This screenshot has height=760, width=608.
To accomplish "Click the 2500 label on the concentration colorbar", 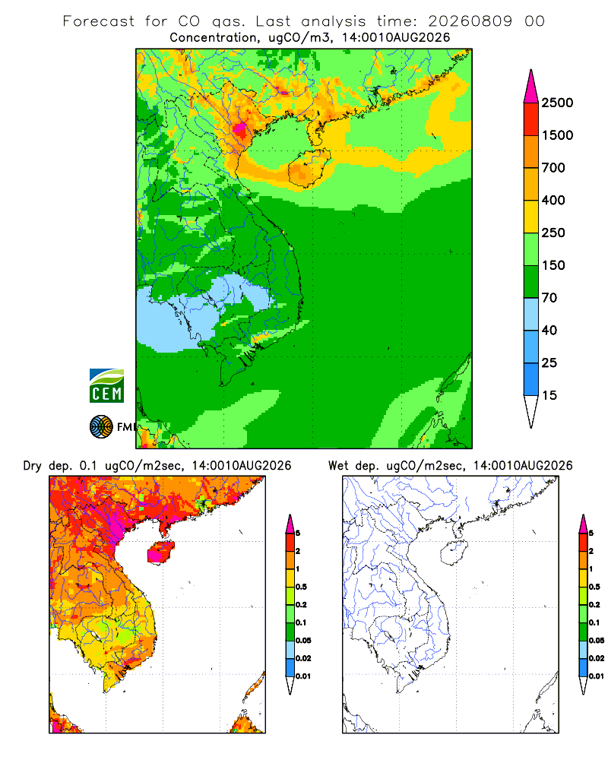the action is coord(557,103).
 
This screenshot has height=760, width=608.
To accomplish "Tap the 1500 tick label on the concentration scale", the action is coord(557,135).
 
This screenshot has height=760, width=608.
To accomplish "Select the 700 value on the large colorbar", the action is coord(553,168).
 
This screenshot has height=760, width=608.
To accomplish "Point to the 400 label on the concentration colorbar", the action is coord(553,200).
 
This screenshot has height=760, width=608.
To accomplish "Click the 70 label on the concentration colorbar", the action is coord(549,298).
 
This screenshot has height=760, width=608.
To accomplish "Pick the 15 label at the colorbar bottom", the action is coord(549,395).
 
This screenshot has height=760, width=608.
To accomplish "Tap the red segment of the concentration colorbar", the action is coord(531,119).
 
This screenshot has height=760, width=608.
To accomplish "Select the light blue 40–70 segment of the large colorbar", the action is coord(531,314).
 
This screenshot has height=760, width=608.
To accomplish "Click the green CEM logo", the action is coord(106,386).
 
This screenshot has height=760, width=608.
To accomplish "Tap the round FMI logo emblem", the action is coord(101,427).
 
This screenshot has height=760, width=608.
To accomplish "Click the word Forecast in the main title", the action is coord(99,21).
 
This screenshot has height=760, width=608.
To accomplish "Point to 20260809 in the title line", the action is coord(470,21).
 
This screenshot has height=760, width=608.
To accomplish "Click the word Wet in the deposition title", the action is coord(338,466).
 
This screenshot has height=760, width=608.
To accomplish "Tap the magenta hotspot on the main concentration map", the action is coord(239,129).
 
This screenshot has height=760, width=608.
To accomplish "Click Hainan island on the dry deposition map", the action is coord(161,553).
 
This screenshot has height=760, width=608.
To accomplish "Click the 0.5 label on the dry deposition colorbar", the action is coord(301,587).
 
